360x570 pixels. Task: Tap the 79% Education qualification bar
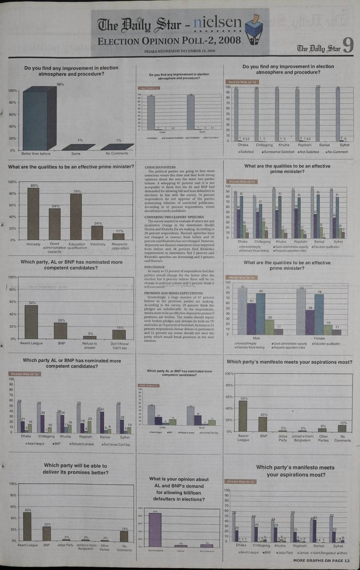click(x=76, y=217)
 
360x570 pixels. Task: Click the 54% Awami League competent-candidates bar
click(x=31, y=322)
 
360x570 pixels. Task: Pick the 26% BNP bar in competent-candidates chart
click(x=60, y=331)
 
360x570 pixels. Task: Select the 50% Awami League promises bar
click(x=27, y=526)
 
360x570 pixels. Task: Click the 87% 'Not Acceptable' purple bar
click(x=155, y=529)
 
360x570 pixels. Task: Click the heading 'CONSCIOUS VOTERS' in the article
click(x=160, y=167)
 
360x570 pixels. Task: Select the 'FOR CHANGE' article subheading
click(x=152, y=267)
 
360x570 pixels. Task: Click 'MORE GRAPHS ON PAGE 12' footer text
click(x=321, y=560)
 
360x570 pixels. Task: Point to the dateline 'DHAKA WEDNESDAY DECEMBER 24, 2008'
click(x=179, y=51)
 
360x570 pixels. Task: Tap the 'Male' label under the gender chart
click(x=257, y=338)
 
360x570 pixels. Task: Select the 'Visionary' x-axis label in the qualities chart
click(x=98, y=244)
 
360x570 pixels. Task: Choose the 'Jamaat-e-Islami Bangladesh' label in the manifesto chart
click(x=302, y=438)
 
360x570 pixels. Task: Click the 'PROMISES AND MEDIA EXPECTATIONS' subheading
click(x=173, y=293)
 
